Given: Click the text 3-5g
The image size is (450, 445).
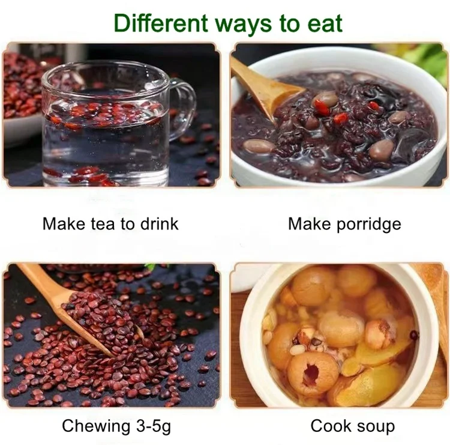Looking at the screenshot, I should (x=154, y=427).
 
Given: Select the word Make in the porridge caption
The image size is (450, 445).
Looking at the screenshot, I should (x=309, y=224).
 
